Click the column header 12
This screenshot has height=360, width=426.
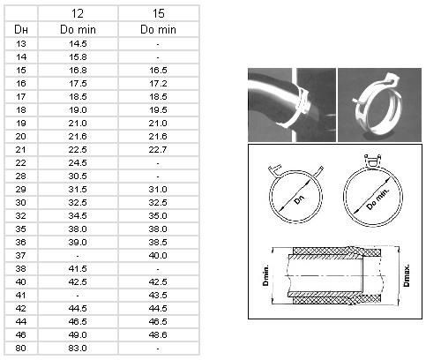[x=78, y=13]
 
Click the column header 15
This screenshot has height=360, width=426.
[x=158, y=13]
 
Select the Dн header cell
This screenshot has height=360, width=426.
[x=21, y=29]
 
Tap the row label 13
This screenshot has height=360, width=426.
[x=21, y=44]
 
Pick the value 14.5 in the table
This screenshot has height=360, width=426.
[x=78, y=44]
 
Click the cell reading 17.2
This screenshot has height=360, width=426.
[x=158, y=84]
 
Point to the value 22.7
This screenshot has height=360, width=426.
[x=158, y=150]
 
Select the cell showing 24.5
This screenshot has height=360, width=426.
[x=78, y=163]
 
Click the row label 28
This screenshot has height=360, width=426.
[x=21, y=176]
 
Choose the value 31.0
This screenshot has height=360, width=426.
[x=158, y=190]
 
